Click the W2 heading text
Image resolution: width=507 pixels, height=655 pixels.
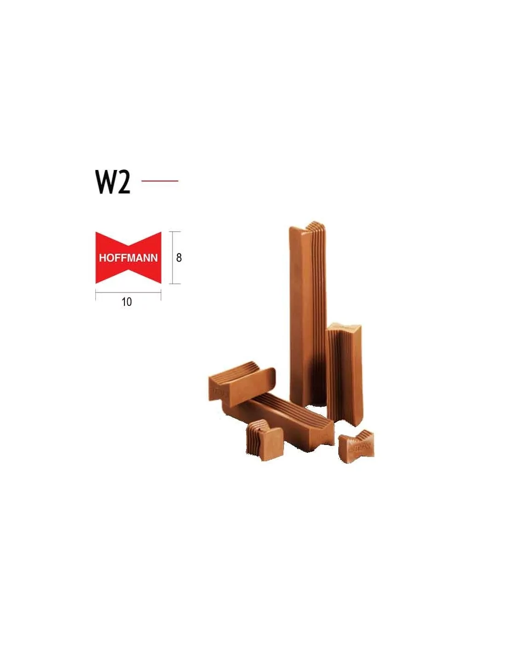point(113,181)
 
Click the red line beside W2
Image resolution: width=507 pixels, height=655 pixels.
point(159,181)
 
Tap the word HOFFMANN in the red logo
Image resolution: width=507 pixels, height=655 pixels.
point(128,258)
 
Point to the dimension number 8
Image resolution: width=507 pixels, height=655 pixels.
point(179,258)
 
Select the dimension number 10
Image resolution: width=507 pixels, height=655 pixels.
point(127,302)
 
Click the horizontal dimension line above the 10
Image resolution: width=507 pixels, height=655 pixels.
point(128,291)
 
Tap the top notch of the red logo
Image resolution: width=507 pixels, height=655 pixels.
point(128,244)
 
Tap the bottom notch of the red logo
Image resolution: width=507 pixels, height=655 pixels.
point(128,272)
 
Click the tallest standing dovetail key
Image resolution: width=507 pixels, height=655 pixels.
point(307,314)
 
